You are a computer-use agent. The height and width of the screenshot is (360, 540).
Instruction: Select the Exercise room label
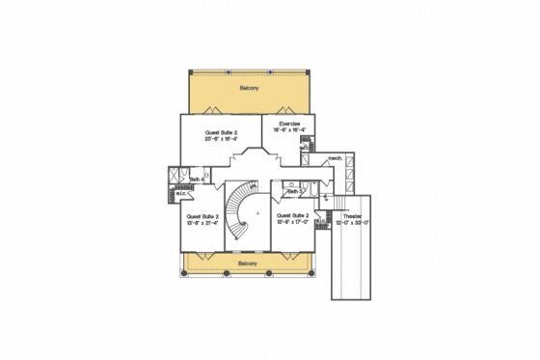tap(290, 124)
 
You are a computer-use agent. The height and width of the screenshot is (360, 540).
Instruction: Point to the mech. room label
tap(336, 156)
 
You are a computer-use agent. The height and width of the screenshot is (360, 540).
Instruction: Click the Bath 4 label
tap(197, 179)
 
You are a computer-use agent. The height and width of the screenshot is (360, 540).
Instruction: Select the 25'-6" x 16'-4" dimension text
tap(222, 139)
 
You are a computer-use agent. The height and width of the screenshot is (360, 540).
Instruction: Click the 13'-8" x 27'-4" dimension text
tap(202, 223)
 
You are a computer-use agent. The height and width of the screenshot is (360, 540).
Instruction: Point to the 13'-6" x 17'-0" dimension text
tap(290, 222)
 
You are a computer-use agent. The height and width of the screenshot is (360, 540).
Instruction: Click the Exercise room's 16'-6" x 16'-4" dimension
tap(290, 130)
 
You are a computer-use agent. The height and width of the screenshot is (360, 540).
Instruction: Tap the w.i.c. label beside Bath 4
tap(181, 194)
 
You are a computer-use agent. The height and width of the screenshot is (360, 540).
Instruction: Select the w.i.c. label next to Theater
tap(321, 220)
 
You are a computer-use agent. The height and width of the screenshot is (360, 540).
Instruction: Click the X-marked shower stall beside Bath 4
tap(174, 177)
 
